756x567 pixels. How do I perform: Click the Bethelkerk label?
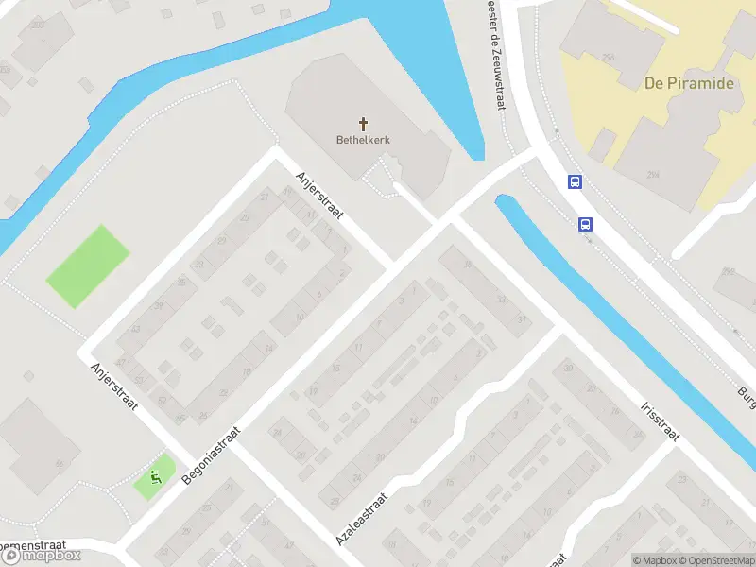tap(363, 140)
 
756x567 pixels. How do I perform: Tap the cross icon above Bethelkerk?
tap(363, 124)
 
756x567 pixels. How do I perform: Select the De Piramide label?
tap(689, 83)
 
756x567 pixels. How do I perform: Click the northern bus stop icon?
tap(574, 181)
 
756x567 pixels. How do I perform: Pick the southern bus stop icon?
tap(586, 224)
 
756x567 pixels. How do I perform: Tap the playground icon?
tap(155, 477)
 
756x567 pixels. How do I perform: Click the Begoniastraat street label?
tap(212, 455)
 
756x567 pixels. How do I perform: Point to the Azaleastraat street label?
tap(362, 519)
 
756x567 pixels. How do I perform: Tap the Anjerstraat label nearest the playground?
tap(114, 387)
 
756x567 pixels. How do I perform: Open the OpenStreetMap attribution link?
tap(717, 560)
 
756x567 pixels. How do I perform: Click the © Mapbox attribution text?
tap(654, 560)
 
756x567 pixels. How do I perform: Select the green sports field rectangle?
tap(88, 265)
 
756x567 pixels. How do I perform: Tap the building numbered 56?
tap(58, 463)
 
